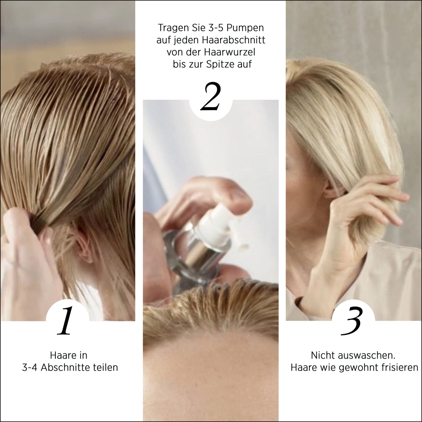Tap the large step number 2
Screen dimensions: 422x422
[211, 96]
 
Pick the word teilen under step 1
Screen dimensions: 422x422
[105, 367]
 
